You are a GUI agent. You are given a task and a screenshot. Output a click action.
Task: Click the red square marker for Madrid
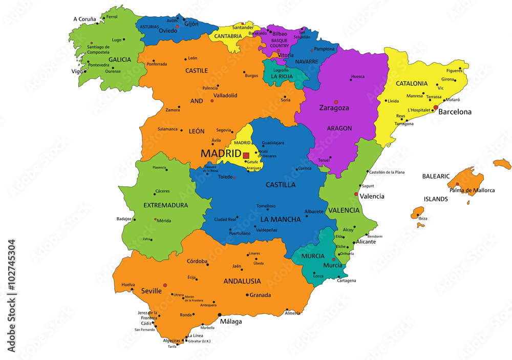(246, 155)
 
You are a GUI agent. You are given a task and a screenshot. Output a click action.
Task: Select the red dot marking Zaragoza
(336, 101)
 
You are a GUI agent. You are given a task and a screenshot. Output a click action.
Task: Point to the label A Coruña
(84, 19)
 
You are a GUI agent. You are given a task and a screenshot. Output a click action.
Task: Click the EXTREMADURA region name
(151, 205)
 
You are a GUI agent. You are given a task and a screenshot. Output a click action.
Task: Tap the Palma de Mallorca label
(472, 190)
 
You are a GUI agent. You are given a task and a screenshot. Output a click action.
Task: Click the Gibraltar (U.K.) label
(199, 341)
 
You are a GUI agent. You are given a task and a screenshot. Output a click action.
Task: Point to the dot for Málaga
(220, 314)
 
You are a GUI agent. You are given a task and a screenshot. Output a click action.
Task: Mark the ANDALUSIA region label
(242, 281)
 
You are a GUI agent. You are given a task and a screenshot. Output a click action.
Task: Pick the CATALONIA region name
(412, 83)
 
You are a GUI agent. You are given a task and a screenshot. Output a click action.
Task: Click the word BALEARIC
(435, 176)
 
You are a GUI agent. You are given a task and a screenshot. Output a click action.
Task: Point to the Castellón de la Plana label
(387, 173)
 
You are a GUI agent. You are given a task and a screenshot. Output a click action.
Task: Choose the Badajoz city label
(124, 219)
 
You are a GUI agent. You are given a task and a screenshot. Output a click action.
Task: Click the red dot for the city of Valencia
(356, 194)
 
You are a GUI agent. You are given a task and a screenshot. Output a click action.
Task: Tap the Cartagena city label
(347, 281)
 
